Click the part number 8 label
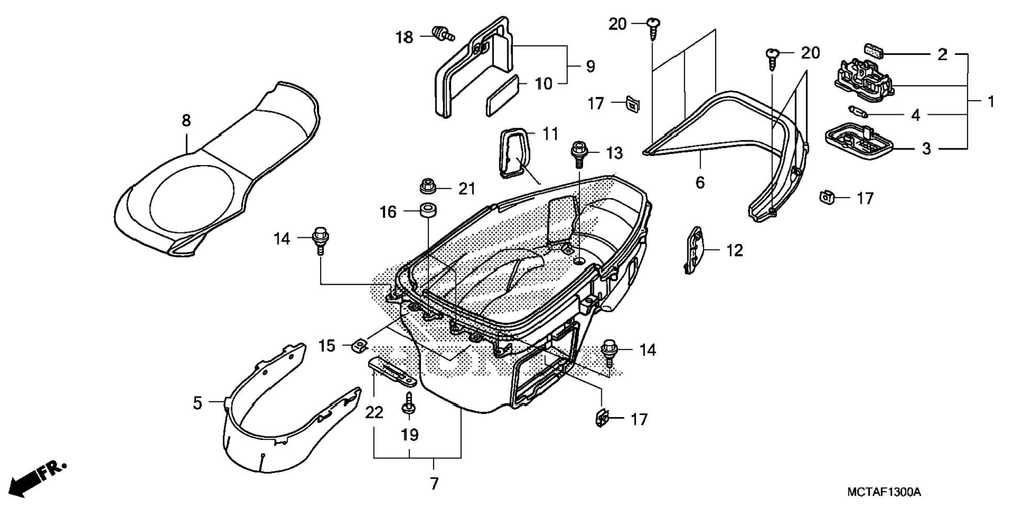(x=186, y=121)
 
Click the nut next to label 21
(x=428, y=186)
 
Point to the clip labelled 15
(x=359, y=345)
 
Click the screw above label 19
(x=408, y=404)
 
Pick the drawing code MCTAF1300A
(x=884, y=492)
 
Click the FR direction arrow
(x=37, y=477)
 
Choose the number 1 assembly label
(x=990, y=102)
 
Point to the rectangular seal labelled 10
(x=502, y=95)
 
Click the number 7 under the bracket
(x=434, y=485)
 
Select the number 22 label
(x=374, y=413)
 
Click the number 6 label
(x=700, y=183)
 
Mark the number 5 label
(x=197, y=403)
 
